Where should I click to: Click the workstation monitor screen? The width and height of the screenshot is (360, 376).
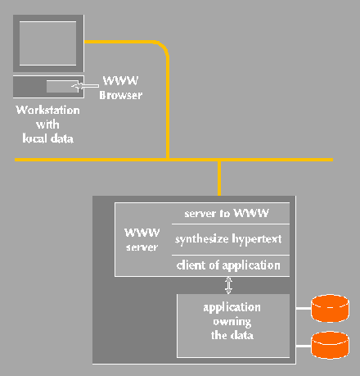coord(47,43)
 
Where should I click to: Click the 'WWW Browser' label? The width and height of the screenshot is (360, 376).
coord(120,88)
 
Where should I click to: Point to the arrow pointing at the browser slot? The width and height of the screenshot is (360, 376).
coord(85,86)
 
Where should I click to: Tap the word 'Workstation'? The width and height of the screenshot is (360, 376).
coord(47,110)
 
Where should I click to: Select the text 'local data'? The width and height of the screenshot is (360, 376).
coord(47,138)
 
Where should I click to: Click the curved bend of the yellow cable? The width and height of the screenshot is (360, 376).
coord(162,47)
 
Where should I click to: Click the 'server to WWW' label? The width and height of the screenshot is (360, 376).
coord(227,213)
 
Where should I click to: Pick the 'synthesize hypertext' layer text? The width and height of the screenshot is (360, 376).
coord(228,239)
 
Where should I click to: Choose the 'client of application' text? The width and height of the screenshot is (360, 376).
coord(228,265)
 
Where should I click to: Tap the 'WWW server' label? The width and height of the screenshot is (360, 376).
coord(142,240)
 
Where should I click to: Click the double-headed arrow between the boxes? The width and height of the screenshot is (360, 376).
coord(228,285)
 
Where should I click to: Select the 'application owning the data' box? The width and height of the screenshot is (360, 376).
coord(233,325)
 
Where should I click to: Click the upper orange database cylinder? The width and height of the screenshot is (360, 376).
coord(330,308)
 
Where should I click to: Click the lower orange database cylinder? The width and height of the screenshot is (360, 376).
coord(330,345)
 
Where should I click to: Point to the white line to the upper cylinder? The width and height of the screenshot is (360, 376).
coord(304,309)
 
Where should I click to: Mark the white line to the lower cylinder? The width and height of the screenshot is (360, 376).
coord(304,347)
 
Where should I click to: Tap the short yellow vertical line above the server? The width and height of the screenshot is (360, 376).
coord(219,179)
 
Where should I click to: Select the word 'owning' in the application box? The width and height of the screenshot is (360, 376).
coord(232,322)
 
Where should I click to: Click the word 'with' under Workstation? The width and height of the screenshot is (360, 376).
coord(47,125)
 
